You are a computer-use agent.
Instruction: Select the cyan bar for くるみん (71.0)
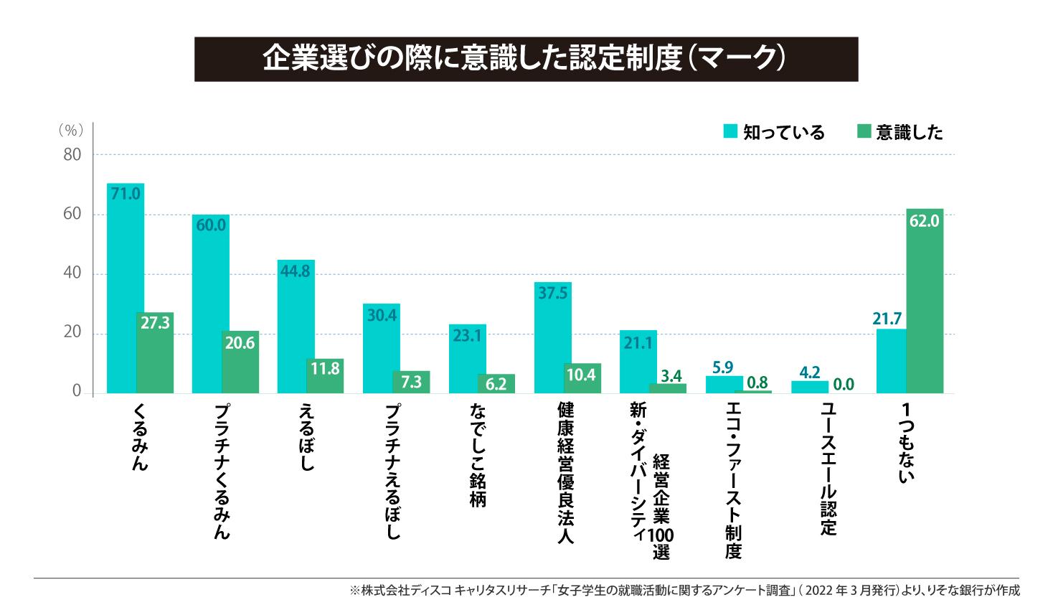coord(126,287)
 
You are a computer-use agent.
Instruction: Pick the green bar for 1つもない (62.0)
coord(925,301)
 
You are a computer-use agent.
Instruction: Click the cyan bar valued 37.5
coord(553,337)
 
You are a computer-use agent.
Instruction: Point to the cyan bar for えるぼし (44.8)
coord(296,327)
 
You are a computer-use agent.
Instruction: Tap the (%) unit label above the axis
coord(70,130)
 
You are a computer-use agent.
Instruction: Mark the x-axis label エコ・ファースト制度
coord(733,479)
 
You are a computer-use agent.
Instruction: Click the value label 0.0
coord(844,385)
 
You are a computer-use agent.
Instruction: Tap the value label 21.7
coord(887,318)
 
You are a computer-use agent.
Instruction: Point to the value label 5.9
coord(722,367)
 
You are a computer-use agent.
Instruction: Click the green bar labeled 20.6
coord(240,362)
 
